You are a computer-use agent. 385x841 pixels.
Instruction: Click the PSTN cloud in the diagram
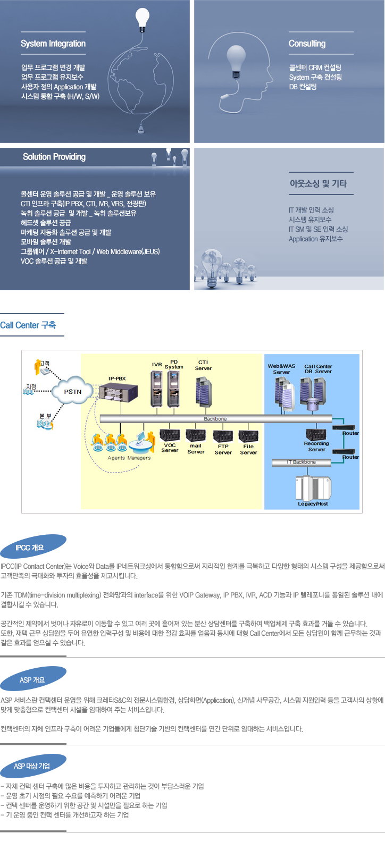pos(73,391)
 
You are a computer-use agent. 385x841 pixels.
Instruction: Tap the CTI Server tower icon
pos(203,392)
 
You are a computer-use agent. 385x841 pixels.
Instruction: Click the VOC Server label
pos(170,448)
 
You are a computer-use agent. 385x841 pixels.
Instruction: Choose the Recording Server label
pos(316,447)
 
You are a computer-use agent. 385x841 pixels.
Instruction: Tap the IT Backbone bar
pos(301,462)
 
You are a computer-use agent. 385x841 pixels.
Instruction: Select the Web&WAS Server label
pos(281,369)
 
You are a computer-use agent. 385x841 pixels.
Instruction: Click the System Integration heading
pos(53,44)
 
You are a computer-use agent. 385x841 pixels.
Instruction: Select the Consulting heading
pos(307,44)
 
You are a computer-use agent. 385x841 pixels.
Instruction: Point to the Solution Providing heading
pos(54,157)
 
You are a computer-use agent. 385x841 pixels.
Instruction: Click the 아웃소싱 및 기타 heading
pos(318,183)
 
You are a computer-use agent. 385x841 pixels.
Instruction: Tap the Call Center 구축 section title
pos(28,325)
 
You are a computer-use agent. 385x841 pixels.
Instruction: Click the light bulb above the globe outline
pos(142,19)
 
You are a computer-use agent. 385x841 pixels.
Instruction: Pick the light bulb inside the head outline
pos(236,57)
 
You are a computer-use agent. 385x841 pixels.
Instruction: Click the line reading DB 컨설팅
pos(303,87)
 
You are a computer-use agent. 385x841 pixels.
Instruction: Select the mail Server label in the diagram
pos(196,449)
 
